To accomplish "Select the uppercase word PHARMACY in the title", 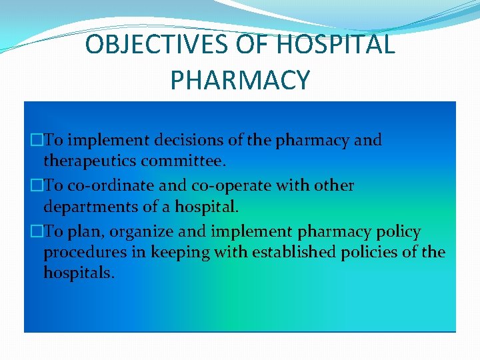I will pos(240,80).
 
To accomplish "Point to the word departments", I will pos(89,206).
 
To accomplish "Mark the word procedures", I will pos(85,252).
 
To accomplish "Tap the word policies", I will pos(379,252).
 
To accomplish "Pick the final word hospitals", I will pos(79,273).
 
